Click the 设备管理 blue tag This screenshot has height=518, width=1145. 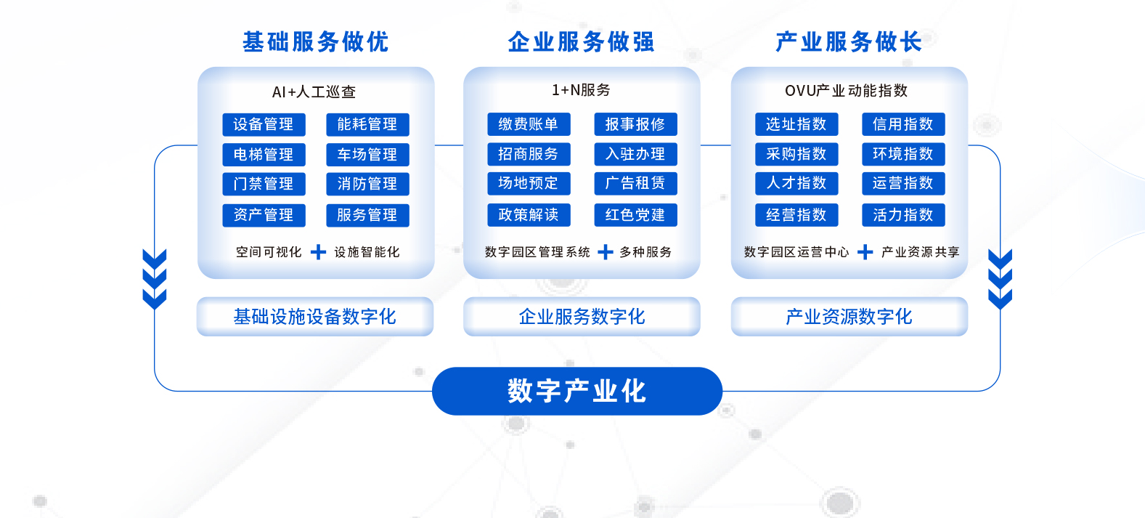point(264,124)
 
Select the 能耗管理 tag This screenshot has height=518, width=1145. point(367,124)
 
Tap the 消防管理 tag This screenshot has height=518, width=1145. point(367,184)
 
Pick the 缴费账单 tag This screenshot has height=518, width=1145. point(529,124)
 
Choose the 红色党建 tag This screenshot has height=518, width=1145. point(635,215)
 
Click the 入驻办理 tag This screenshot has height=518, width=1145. point(635,154)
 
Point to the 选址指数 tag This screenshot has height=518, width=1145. point(796,124)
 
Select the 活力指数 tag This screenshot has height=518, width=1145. point(903,215)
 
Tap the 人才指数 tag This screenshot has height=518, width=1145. point(796,184)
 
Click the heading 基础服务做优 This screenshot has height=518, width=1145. point(315,42)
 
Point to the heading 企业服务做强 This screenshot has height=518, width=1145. point(581,42)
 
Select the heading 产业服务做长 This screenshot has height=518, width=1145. point(849,42)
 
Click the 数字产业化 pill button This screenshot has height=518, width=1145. point(577,391)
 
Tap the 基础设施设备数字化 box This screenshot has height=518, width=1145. point(315,317)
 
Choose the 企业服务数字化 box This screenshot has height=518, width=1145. point(582,317)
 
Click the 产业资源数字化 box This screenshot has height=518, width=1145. point(849,317)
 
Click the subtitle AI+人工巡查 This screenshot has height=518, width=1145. point(314,92)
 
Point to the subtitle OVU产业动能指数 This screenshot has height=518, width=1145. point(846,91)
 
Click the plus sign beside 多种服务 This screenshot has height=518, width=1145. point(606,251)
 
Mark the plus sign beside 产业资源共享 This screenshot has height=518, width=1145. point(865,251)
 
